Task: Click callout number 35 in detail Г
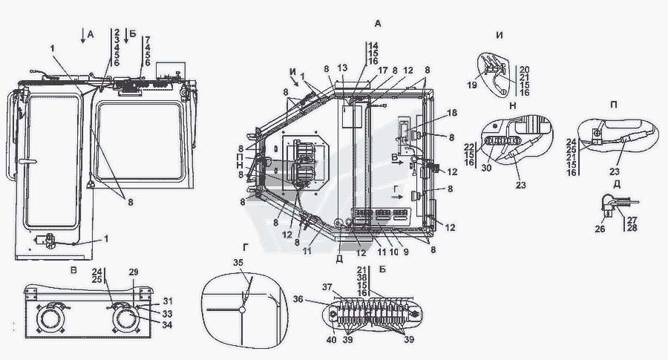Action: click(x=238, y=263)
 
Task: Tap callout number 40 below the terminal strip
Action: click(x=331, y=340)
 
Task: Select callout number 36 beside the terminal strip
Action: click(x=298, y=299)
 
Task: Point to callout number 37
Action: click(x=327, y=287)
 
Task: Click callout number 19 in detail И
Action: click(x=471, y=85)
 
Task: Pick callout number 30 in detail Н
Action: click(x=486, y=168)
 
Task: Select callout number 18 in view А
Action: click(x=451, y=113)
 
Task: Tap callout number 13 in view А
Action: click(x=342, y=68)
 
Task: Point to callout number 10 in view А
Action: click(x=393, y=252)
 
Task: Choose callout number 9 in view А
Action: click(x=406, y=252)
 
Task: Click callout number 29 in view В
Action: click(x=134, y=272)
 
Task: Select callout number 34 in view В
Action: click(x=168, y=325)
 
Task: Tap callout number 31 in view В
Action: click(x=168, y=301)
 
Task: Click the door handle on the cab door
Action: click(x=27, y=162)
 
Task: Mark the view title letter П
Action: click(x=614, y=105)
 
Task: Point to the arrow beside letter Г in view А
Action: click(x=397, y=197)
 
